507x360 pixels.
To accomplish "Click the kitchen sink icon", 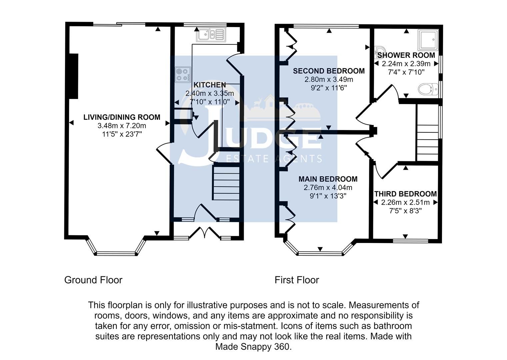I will coord(211,34).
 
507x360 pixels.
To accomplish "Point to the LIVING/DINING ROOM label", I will coord(122,117).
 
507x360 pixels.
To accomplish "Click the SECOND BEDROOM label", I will coord(329,71).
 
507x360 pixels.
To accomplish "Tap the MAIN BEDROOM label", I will coord(328,179).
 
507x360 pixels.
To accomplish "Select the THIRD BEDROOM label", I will coord(405,194).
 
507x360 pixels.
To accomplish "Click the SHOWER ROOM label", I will coord(406,55).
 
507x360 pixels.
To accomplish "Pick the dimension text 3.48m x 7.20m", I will coord(122,126).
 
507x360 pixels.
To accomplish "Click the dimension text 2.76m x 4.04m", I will coord(328,188).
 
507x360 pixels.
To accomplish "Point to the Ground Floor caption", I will coord(93,280).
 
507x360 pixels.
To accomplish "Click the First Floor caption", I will coord(297,280).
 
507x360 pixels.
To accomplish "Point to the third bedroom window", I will coord(410,240).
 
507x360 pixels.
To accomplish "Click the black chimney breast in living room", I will coord(73,76).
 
